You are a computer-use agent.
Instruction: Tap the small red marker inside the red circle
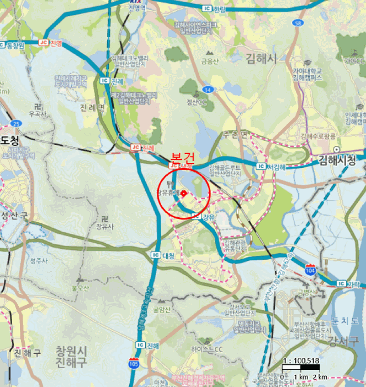183,193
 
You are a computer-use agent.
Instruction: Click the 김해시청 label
337,160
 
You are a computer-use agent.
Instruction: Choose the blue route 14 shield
208,89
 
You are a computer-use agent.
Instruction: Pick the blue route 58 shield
298,23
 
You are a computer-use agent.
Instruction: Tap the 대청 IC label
165,255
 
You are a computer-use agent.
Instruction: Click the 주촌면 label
236,134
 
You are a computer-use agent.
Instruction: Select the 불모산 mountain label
80,288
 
